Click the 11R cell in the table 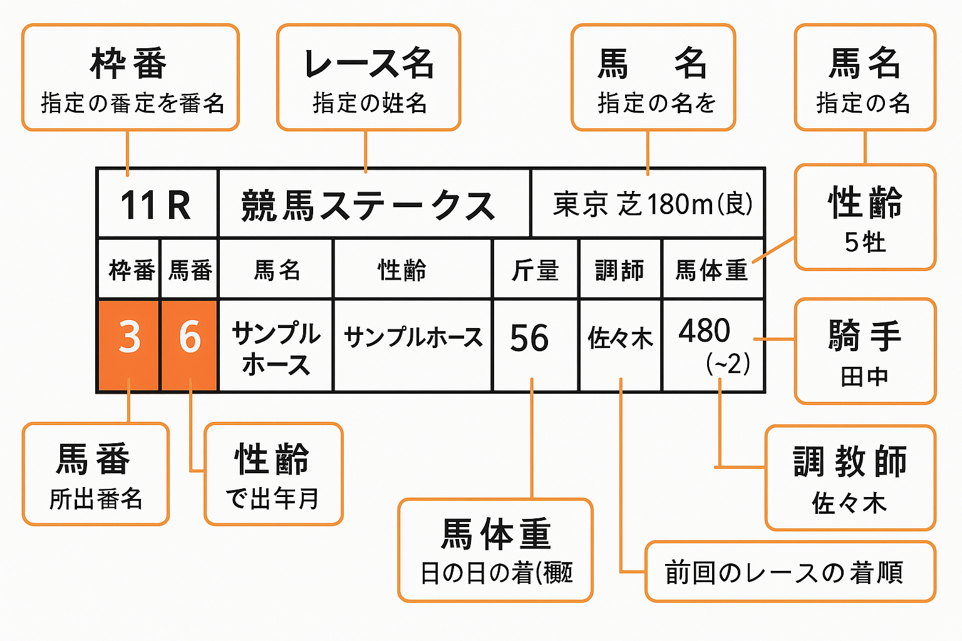click(x=156, y=205)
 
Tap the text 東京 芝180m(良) click(x=652, y=204)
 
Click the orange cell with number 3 click(x=129, y=337)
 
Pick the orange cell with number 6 click(x=190, y=337)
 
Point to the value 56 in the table click(x=529, y=339)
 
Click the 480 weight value click(x=705, y=331)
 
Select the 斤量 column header click(x=535, y=270)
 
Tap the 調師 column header click(x=619, y=270)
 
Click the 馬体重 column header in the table click(x=712, y=270)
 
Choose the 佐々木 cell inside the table click(x=620, y=339)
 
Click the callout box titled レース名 click(x=369, y=78)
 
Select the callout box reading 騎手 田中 click(x=865, y=351)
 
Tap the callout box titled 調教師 click(x=850, y=478)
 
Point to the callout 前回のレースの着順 click(x=790, y=572)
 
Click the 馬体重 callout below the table click(x=495, y=550)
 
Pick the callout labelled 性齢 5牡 click(x=865, y=217)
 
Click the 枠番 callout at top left click(x=130, y=78)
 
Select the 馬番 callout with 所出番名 click(x=96, y=474)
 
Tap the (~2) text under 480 click(x=728, y=364)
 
